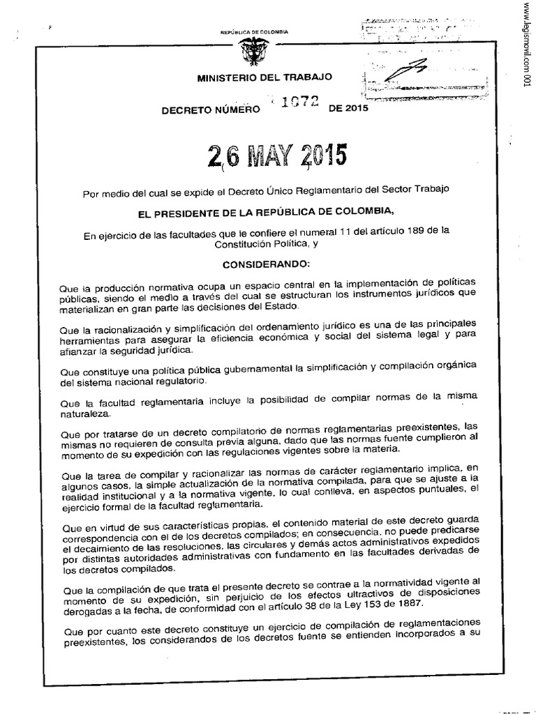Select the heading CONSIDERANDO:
click(260, 265)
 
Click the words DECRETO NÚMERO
click(210, 109)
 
